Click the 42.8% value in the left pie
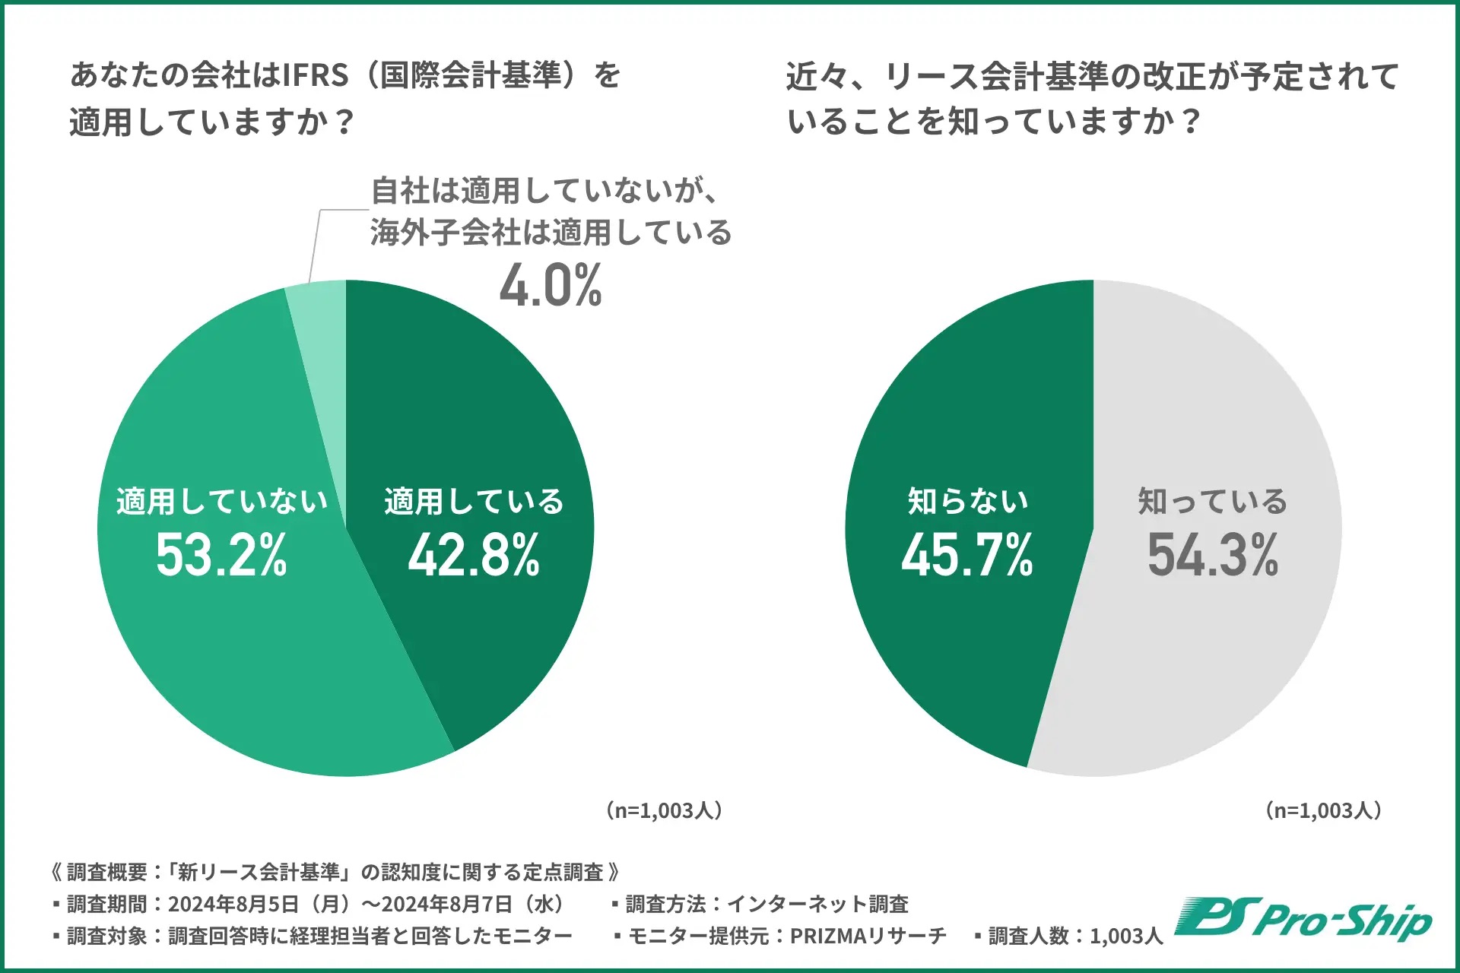474,555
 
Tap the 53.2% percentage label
221,555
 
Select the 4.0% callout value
551,286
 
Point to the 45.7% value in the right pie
967,555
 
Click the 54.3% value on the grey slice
1213,555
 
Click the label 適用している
474,502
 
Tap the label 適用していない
221,502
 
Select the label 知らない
967,502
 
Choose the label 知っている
1213,502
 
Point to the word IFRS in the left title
315,75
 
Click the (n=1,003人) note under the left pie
664,810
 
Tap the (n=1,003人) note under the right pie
1323,810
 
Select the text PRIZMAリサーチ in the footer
868,936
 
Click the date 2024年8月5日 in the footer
232,904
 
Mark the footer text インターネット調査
817,904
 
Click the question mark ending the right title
1192,122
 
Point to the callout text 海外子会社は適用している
551,233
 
